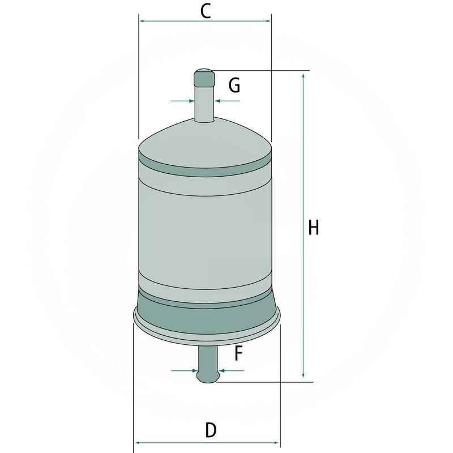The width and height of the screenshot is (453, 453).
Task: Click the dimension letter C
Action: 206,11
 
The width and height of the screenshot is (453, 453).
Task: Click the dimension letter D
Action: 210,430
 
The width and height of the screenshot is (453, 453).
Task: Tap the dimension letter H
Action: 313,228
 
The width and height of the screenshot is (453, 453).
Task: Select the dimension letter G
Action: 234,86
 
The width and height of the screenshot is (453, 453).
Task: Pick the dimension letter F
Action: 238,354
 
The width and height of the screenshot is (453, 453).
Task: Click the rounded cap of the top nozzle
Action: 204,76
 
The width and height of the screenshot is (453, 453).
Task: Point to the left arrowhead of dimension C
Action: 143,21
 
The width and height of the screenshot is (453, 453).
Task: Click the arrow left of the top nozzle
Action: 189,101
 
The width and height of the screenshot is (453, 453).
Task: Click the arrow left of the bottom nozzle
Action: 192,371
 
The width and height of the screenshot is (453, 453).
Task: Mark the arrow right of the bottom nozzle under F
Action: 223,371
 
